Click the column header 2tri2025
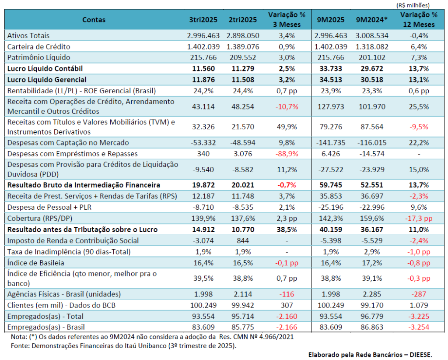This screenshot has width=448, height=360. coord(242,20)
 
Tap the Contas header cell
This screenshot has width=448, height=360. coord(94,20)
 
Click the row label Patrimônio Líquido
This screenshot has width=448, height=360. coord(39,57)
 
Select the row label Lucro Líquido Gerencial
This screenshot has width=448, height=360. coord(47,79)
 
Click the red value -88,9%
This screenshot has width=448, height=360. coord(287,154)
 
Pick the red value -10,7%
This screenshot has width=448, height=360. coord(287,106)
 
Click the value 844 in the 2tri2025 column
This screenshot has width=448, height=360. coord(242,240)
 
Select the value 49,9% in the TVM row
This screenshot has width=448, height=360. coord(287,127)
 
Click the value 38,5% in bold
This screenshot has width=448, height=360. coord(287,229)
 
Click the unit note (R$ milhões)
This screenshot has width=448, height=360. coord(413,5)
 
